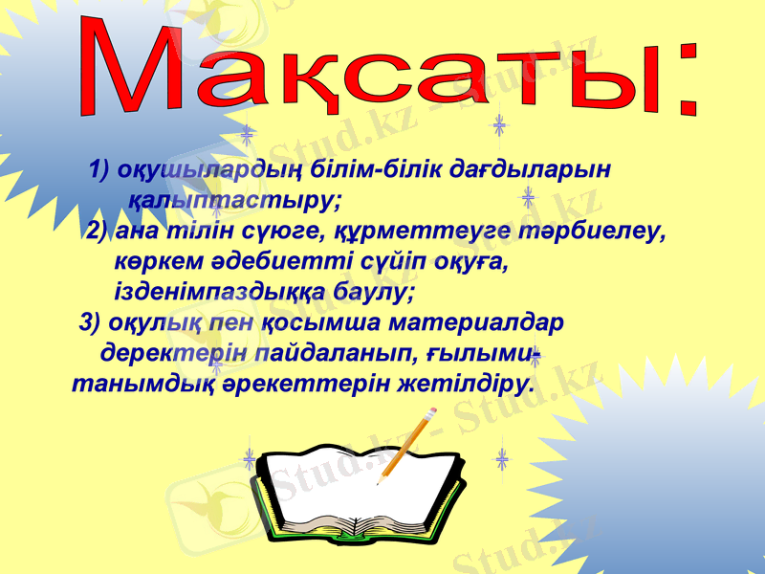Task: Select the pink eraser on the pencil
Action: coord(431,412)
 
